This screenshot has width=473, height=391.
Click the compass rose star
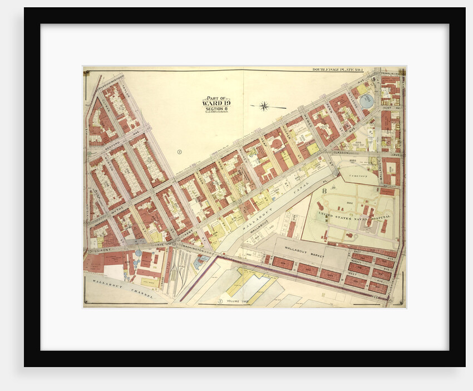coord(265,106)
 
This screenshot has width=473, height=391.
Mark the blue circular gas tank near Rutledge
coord(367,101)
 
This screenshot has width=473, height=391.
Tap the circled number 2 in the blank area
coord(179,151)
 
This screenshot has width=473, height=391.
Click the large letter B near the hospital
coord(324,190)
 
